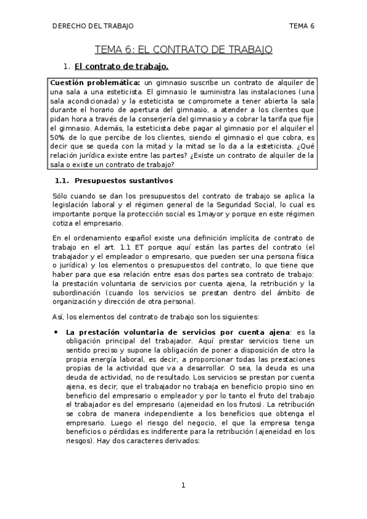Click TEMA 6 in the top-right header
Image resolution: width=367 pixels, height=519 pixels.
click(x=301, y=26)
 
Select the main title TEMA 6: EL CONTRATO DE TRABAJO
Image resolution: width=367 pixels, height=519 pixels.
click(x=183, y=50)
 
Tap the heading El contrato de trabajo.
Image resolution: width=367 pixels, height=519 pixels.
click(x=121, y=66)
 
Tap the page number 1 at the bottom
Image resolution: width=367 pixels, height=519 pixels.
click(x=183, y=486)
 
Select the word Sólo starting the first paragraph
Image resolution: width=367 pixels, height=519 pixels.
click(x=62, y=195)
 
